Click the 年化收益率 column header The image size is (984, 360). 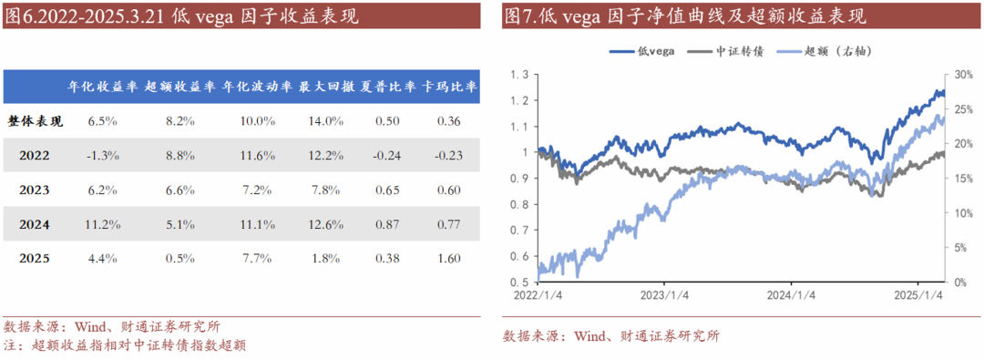pyautogui.click(x=103, y=87)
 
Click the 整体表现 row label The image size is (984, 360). pyautogui.click(x=36, y=120)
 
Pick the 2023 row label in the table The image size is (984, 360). pyautogui.click(x=35, y=190)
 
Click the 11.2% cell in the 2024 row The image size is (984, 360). pyautogui.click(x=103, y=224)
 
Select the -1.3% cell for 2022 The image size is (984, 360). pyautogui.click(x=103, y=155)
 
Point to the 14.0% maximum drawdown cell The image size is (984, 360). pyautogui.click(x=327, y=120)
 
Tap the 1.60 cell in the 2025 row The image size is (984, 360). pyautogui.click(x=448, y=259)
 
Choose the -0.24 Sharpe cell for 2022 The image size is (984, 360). pyautogui.click(x=387, y=155)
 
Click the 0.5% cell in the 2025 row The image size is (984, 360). pyautogui.click(x=180, y=259)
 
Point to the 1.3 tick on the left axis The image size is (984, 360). pyautogui.click(x=519, y=75)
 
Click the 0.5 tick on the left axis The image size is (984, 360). pyautogui.click(x=519, y=283)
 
